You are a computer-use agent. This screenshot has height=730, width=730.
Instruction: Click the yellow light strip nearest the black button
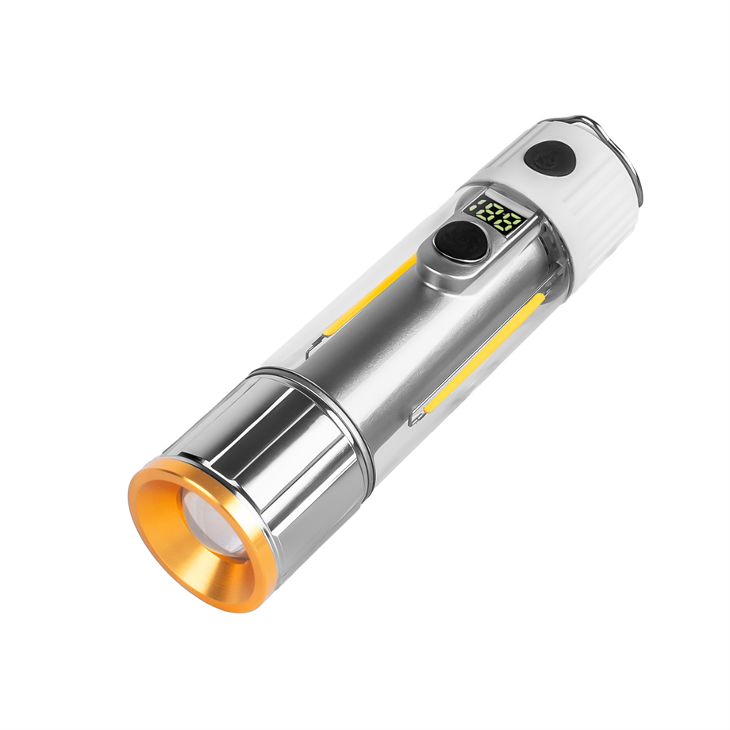pos(373,294)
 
